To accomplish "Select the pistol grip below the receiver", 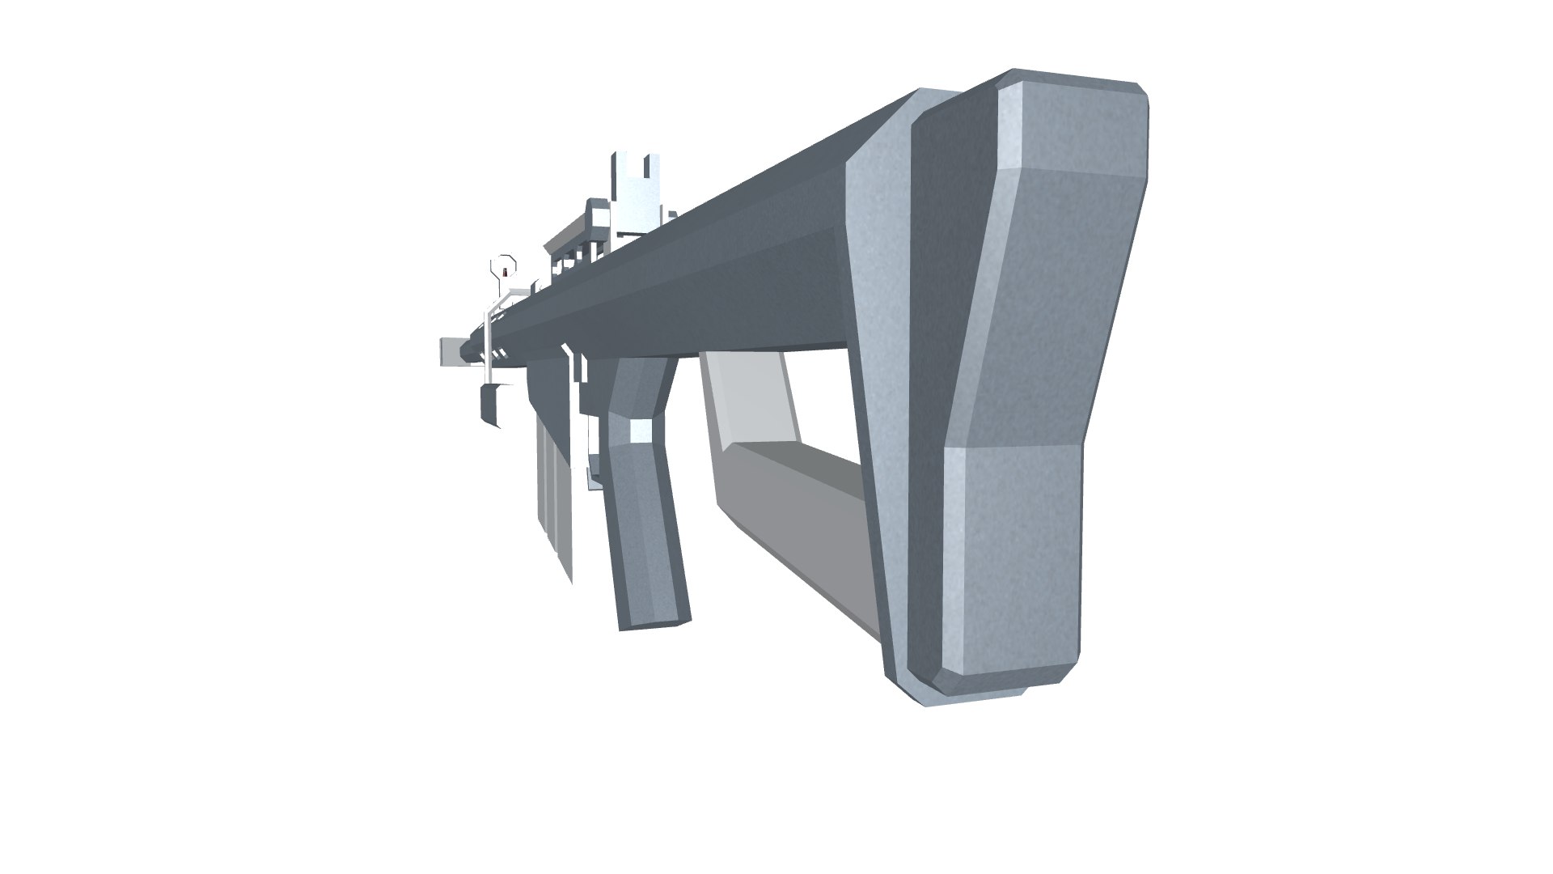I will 643,502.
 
